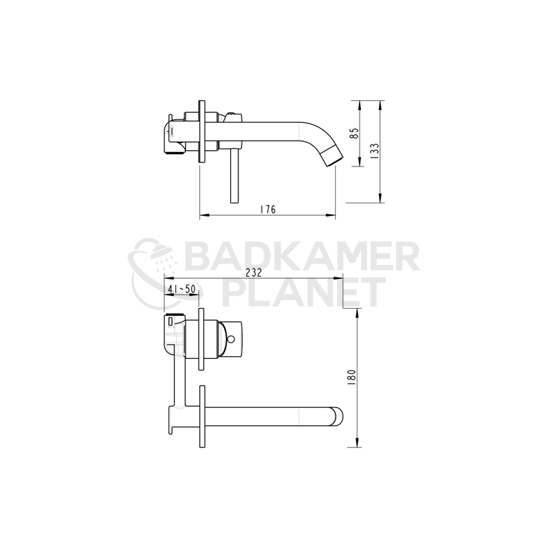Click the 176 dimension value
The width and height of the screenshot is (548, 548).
268,210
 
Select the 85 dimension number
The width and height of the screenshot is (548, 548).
354,133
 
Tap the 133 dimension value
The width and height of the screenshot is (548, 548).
374,151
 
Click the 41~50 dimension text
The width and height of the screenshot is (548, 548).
182,289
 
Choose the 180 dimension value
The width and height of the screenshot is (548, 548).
351,377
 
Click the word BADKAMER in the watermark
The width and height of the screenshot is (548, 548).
302,258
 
